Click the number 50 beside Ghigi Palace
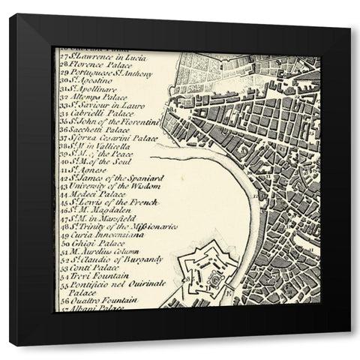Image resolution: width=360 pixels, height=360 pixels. coord(63,243)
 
